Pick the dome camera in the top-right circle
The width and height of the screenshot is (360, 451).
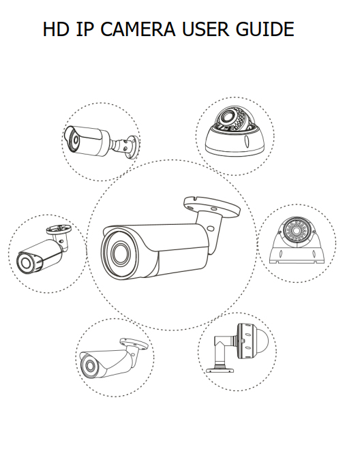(x=235, y=132)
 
